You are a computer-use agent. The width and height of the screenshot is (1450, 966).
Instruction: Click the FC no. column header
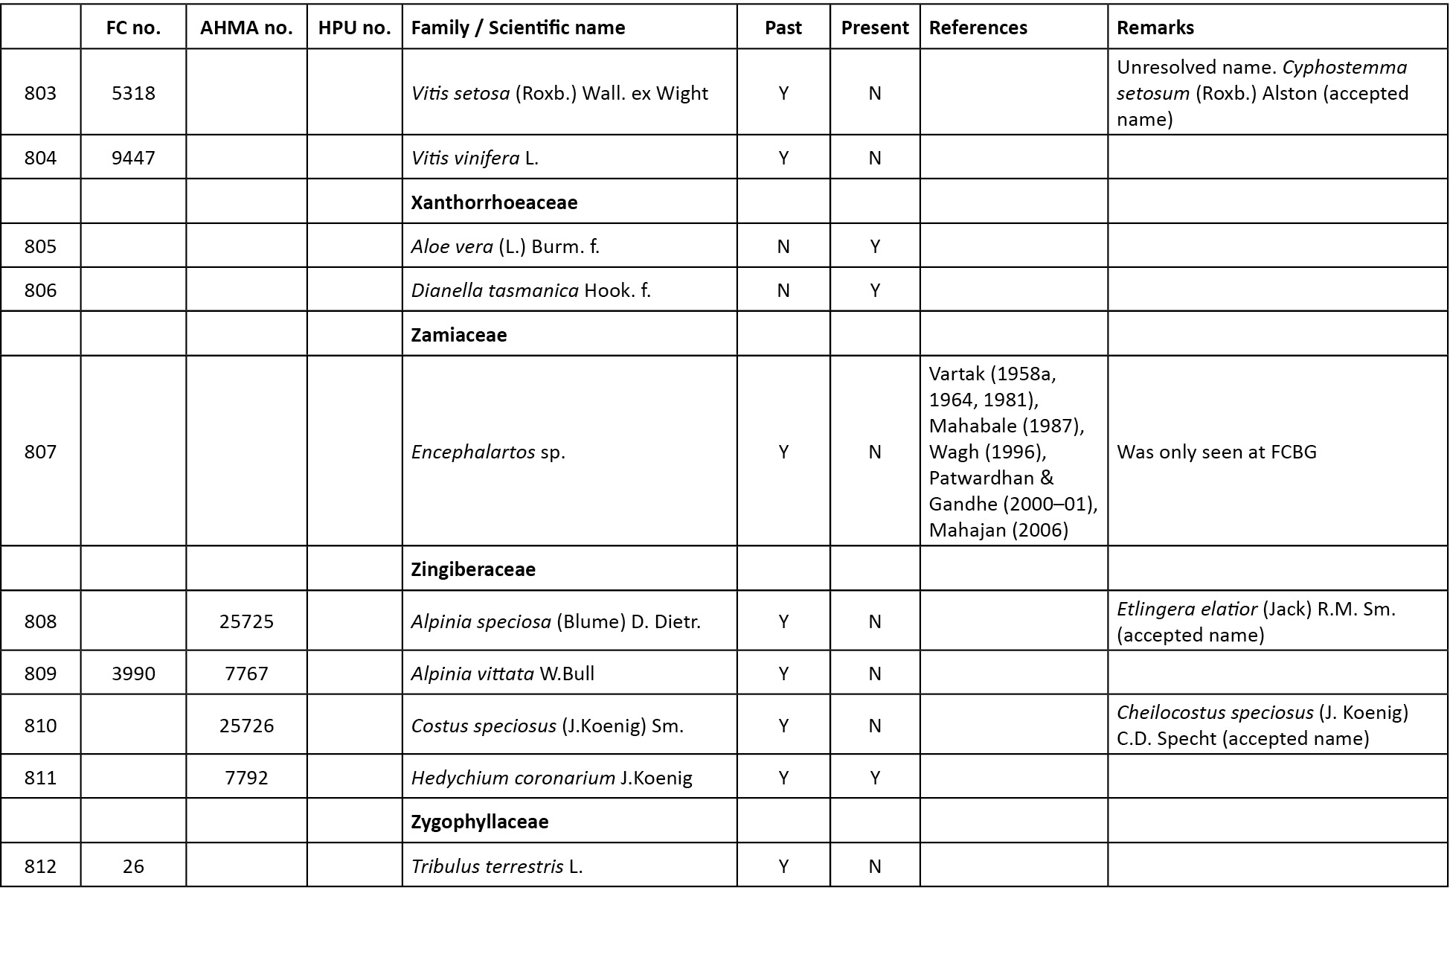[x=133, y=28]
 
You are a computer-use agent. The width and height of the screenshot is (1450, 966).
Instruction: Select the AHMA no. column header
[x=246, y=28]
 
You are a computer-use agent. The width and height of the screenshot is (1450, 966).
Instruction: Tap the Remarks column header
[x=1155, y=28]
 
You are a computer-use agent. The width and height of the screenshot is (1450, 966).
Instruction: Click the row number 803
[x=40, y=93]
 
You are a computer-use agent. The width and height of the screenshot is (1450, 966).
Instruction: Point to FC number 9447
[x=133, y=158]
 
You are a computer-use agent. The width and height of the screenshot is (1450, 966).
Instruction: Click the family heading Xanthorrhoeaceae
[x=494, y=202]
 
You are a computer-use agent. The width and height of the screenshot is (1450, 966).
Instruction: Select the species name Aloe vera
[x=452, y=246]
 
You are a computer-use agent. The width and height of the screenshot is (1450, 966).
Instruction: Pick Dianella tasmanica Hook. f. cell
[x=530, y=290]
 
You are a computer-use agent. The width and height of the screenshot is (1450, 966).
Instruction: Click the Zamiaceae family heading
[x=458, y=335]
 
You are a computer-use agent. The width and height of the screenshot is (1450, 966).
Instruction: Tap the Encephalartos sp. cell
[x=488, y=452]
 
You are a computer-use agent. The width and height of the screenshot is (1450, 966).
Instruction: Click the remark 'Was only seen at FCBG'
[x=1216, y=452]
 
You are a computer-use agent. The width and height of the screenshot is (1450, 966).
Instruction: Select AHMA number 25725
[x=246, y=621]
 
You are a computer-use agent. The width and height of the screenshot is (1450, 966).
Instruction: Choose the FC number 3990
[x=133, y=674]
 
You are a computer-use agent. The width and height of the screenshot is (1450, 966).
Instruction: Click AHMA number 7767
[x=246, y=674]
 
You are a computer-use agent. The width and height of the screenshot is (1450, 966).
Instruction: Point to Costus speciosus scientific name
[x=484, y=726]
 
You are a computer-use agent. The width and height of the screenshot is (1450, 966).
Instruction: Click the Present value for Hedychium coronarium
[x=875, y=778]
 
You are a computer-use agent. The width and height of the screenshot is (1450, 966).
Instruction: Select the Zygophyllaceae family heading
[x=480, y=822]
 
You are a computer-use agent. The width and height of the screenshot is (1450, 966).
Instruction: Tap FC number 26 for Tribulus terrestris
[x=133, y=866]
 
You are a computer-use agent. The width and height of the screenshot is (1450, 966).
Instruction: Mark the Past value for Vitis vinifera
[x=783, y=158]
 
